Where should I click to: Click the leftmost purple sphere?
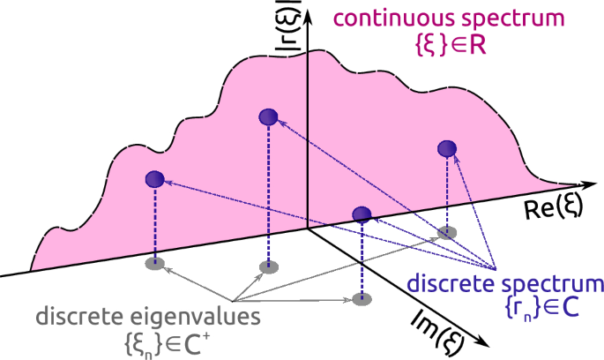pyautogui.click(x=156, y=179)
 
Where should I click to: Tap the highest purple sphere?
pyautogui.click(x=269, y=116)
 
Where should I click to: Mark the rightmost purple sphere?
pyautogui.click(x=448, y=148)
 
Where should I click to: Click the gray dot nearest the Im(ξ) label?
pyautogui.click(x=359, y=299)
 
